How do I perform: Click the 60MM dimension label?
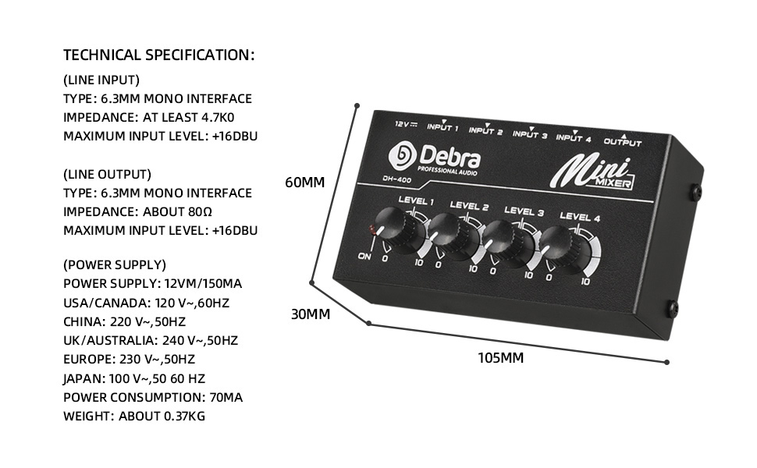point(304,183)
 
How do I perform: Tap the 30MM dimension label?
point(311,314)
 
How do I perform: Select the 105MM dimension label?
point(500,358)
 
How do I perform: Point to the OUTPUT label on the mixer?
point(623,143)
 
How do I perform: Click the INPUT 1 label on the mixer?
point(442,128)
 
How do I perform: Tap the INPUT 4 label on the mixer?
point(574,139)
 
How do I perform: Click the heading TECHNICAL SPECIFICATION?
point(159,55)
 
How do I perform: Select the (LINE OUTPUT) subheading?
point(107,174)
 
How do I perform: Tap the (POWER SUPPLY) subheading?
point(115,264)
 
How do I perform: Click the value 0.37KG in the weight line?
point(184,416)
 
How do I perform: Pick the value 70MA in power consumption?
point(226,397)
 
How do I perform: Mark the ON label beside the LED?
point(364,256)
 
